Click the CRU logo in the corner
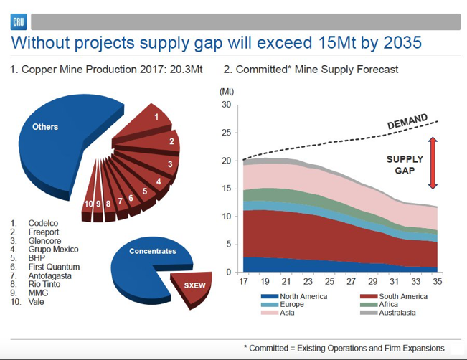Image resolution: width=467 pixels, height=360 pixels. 19,22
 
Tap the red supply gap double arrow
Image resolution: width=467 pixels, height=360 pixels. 432,163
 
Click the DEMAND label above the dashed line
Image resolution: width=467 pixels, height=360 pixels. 408,122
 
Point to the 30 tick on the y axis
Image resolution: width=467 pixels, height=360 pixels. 226,105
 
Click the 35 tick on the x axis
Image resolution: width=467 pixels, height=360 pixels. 437,282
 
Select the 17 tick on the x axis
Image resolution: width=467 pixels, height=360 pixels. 243,282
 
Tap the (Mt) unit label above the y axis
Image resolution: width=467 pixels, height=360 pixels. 227,91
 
